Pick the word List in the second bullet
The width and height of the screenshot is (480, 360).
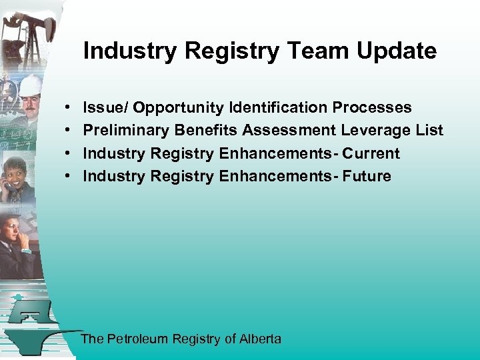[x=429, y=130]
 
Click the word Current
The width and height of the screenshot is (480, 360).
[x=371, y=153]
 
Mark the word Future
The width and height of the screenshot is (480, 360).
[x=367, y=176]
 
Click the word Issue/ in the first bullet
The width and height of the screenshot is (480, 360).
[x=105, y=107]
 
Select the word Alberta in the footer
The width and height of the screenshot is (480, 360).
[x=260, y=339]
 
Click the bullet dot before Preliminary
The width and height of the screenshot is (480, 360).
[x=69, y=131]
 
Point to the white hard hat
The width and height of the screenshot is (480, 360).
[x=29, y=85]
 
